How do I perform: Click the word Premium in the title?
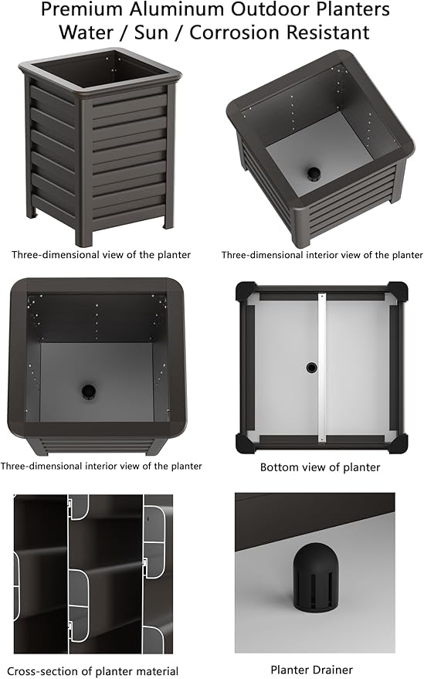(x=82, y=9)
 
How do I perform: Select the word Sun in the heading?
(x=151, y=32)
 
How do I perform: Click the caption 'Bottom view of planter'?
(x=320, y=467)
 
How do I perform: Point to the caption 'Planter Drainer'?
(x=311, y=670)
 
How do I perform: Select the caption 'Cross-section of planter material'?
(x=93, y=671)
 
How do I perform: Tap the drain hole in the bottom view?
(x=311, y=368)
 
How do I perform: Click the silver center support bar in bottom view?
(x=321, y=368)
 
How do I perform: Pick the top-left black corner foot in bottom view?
(x=245, y=291)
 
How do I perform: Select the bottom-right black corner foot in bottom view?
(x=398, y=444)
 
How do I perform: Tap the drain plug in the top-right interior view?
(x=314, y=174)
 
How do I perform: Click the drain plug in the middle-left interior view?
(x=89, y=391)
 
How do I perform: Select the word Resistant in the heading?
(x=328, y=32)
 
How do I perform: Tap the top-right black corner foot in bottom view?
(x=398, y=291)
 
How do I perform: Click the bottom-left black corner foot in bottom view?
(x=245, y=444)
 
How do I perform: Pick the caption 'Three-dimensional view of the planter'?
(x=101, y=255)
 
